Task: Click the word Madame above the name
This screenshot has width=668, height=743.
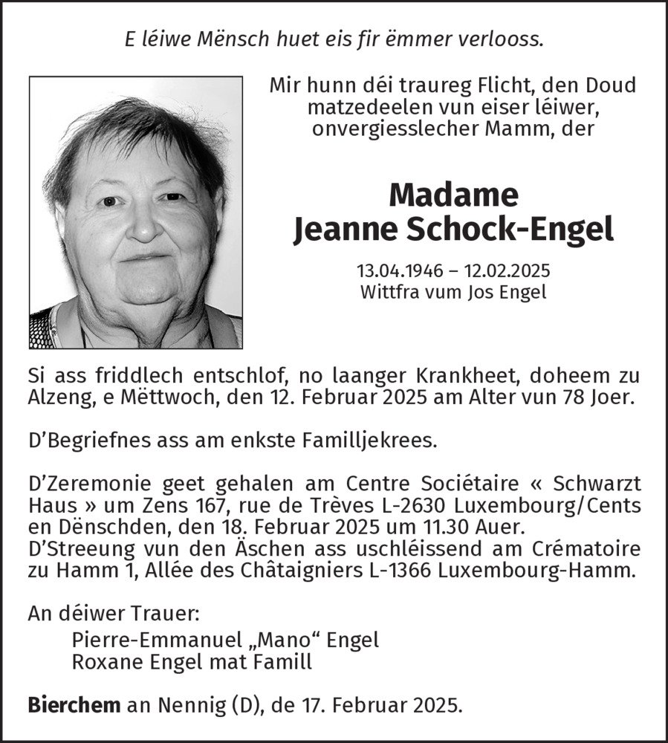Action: (x=453, y=195)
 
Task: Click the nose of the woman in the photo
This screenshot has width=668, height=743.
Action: (x=141, y=222)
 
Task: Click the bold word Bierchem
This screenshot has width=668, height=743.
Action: (x=74, y=704)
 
